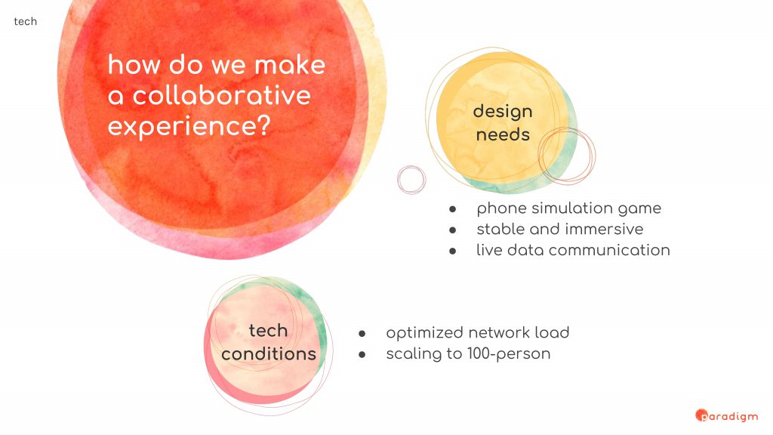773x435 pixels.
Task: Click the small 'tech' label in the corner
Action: [x=25, y=21]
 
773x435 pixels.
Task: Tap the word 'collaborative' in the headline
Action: [x=222, y=94]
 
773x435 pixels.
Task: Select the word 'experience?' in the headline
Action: [x=189, y=126]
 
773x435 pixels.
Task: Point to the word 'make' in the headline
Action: [x=290, y=65]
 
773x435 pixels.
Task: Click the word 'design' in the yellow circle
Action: [x=503, y=112]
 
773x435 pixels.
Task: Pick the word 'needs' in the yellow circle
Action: [x=503, y=134]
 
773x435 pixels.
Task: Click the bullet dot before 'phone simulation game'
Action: [x=453, y=209]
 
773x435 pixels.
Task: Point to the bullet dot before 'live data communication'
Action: [x=453, y=251]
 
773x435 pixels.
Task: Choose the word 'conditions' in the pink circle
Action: [x=269, y=353]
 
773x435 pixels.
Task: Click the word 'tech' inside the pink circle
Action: [x=268, y=331]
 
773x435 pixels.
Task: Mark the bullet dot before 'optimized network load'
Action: [x=362, y=334]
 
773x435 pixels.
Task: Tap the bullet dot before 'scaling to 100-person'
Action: [x=362, y=355]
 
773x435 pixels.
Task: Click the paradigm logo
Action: [x=726, y=416]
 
